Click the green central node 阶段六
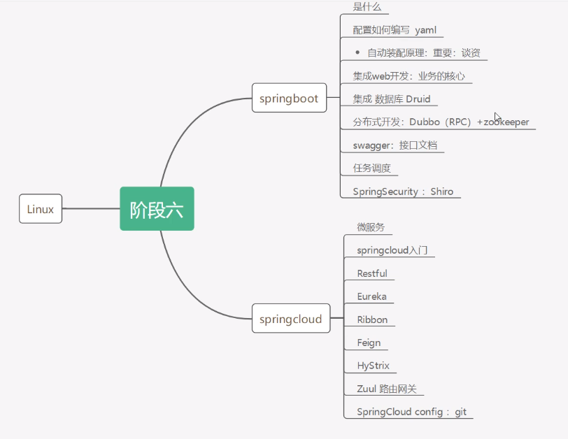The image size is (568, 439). [157, 208]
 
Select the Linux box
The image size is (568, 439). [41, 209]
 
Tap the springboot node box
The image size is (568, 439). [289, 99]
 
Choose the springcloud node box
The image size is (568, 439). [290, 319]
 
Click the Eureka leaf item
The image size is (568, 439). [371, 296]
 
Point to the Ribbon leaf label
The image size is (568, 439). [372, 319]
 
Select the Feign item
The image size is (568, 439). [369, 343]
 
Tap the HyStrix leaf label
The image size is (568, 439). [373, 366]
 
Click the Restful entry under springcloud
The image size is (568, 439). [372, 273]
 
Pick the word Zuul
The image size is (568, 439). [368, 389]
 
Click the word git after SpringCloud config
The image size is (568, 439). [460, 412]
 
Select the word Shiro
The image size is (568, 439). [446, 192]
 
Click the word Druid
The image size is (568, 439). [418, 99]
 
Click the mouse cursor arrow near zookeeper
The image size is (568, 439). [497, 117]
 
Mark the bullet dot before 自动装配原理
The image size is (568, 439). [357, 52]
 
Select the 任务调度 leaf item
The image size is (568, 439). [371, 168]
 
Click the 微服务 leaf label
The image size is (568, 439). [371, 227]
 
